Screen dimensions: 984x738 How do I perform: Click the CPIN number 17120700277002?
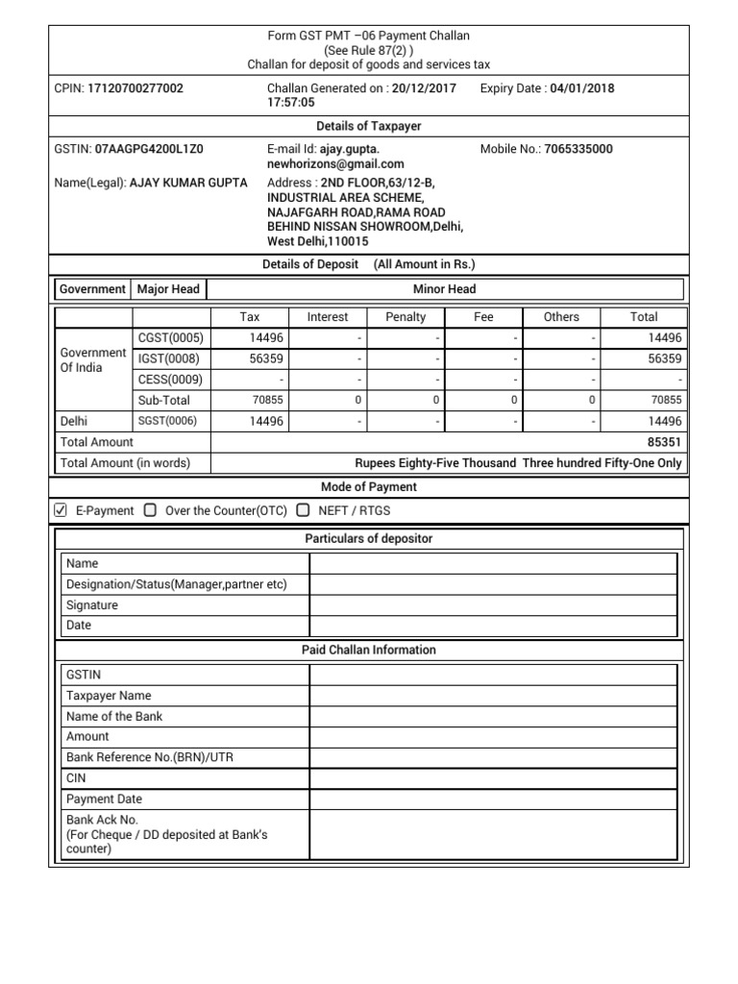[135, 88]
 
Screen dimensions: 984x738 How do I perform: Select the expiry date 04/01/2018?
[581, 88]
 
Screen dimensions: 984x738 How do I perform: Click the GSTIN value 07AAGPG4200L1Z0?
[149, 150]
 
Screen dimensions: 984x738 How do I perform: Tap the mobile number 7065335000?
[578, 150]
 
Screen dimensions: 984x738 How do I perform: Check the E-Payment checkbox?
[61, 510]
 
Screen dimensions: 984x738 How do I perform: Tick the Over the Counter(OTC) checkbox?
[150, 510]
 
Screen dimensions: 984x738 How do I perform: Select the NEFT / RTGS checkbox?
[303, 510]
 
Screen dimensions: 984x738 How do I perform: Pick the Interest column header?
[328, 317]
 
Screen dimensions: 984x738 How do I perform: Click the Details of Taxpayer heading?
[369, 127]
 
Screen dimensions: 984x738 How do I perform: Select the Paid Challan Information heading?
[369, 651]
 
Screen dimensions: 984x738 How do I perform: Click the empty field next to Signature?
[493, 605]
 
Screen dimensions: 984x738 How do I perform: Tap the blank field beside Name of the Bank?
[493, 716]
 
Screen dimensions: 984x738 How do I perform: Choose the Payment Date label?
[104, 799]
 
